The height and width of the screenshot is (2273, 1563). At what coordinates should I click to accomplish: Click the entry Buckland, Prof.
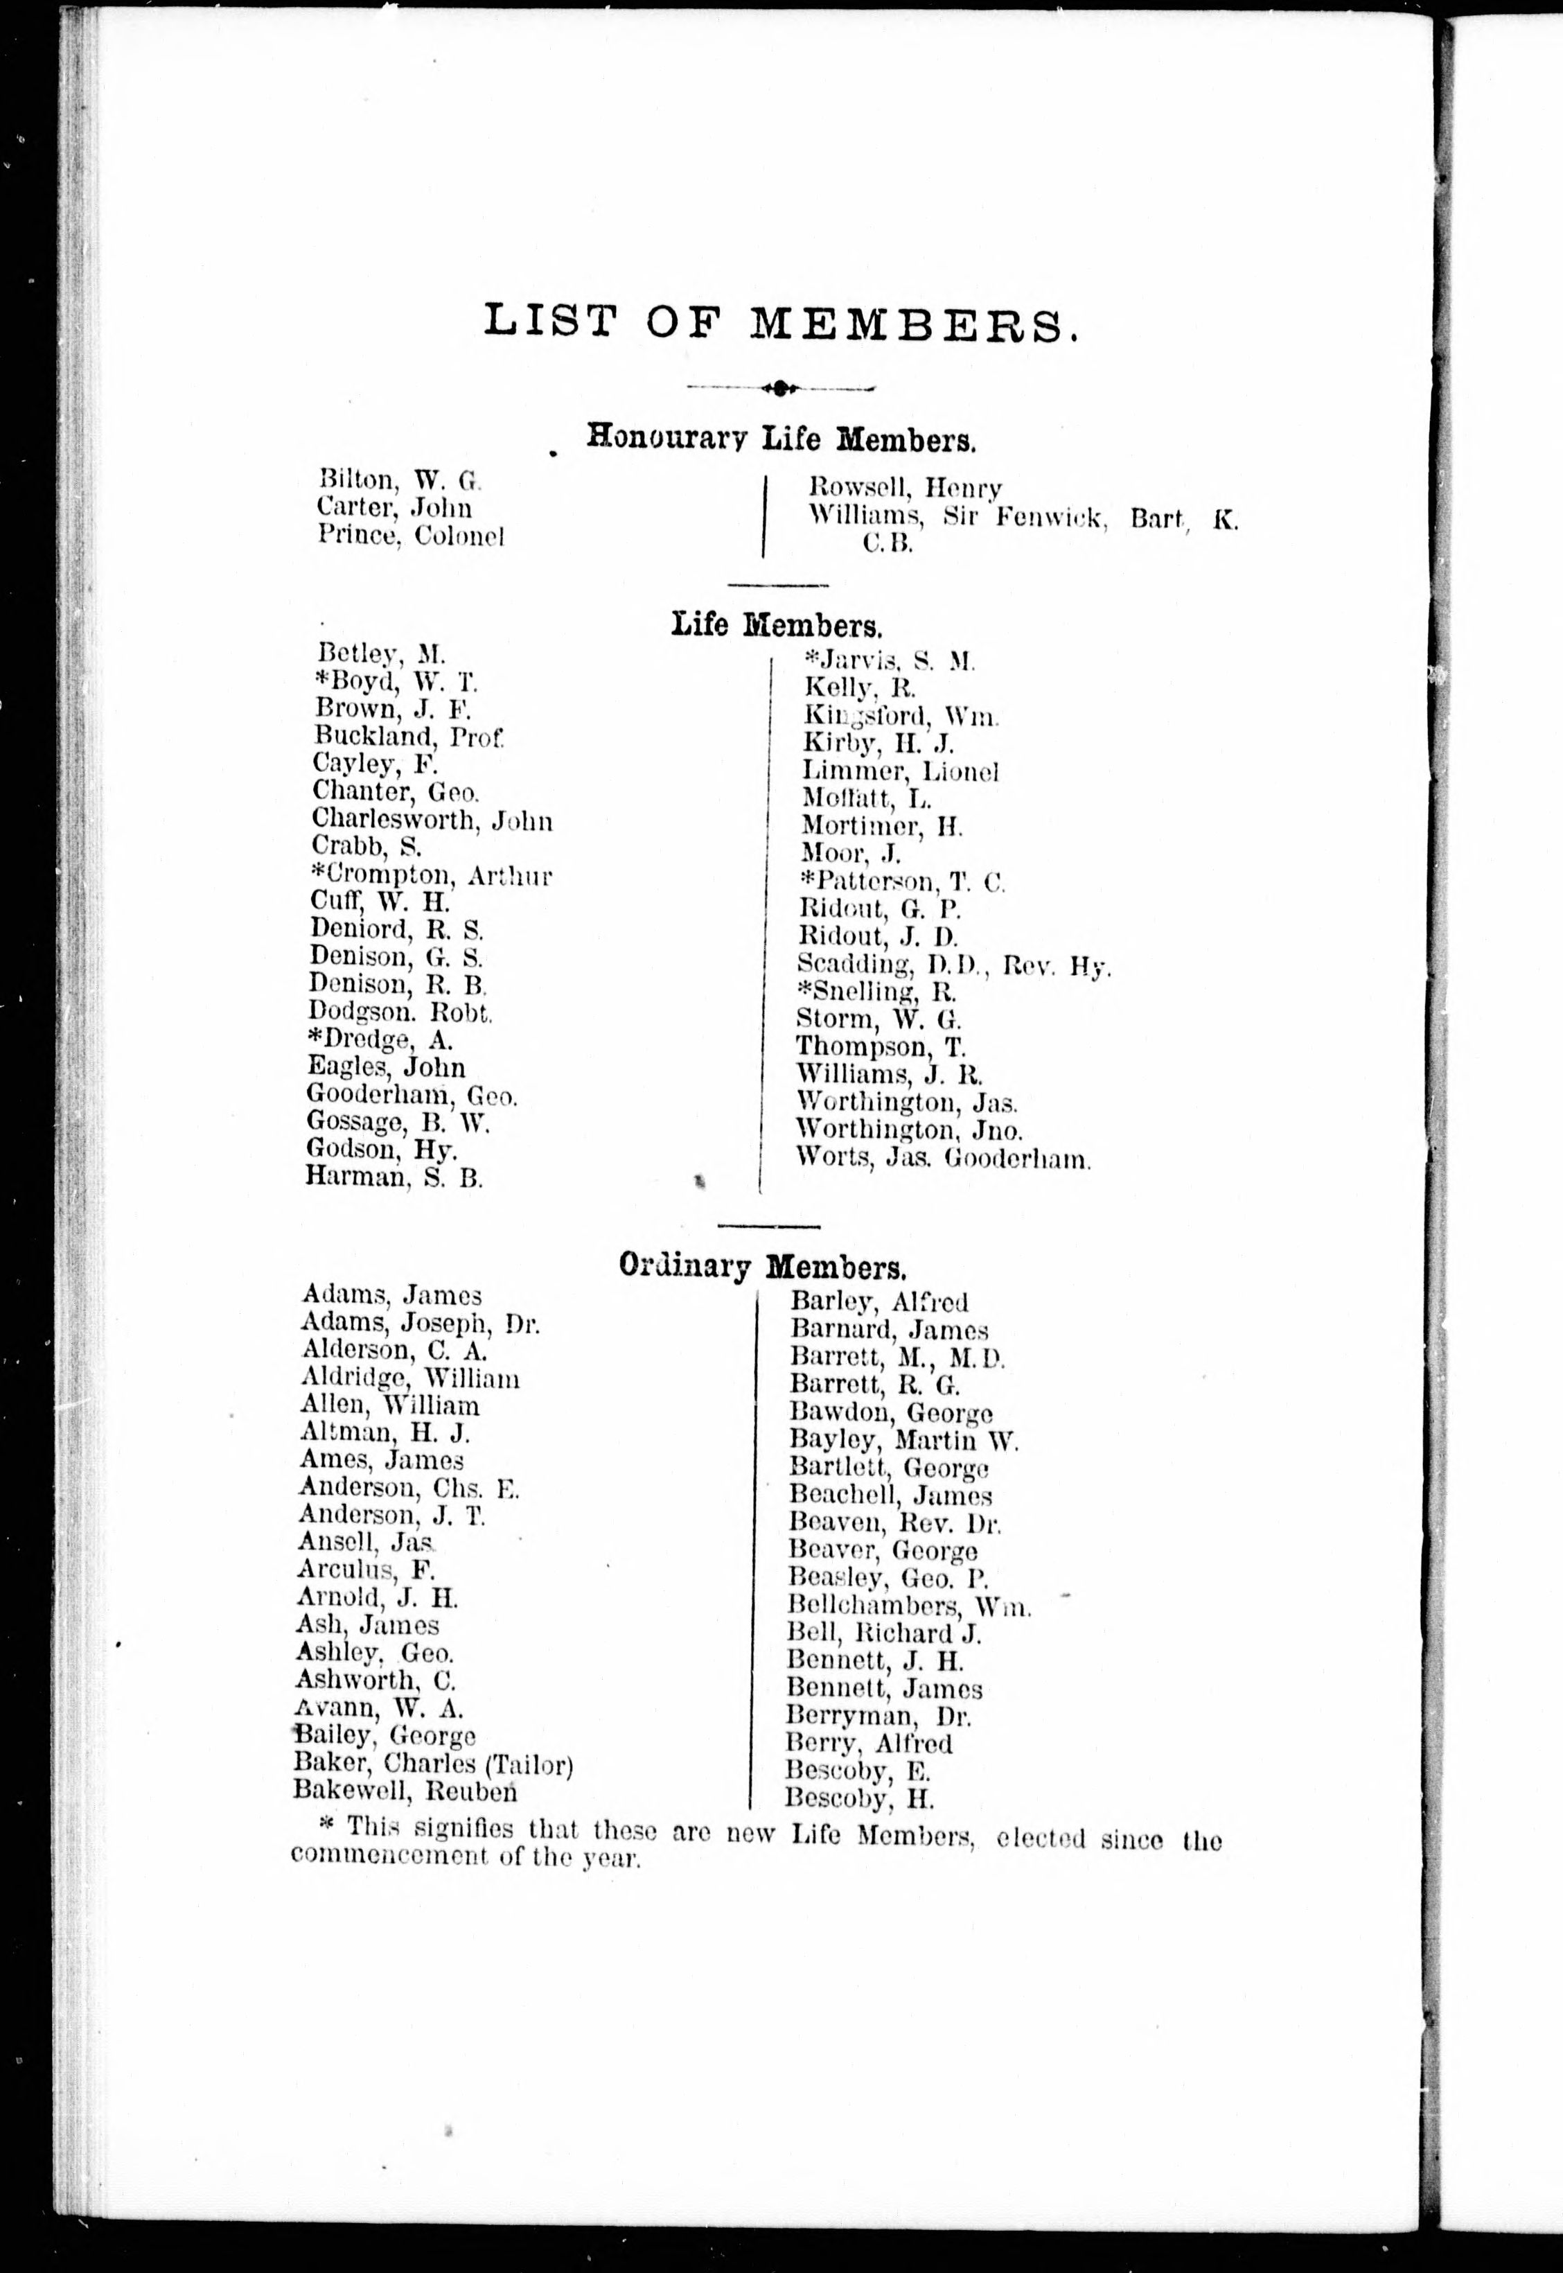pos(409,737)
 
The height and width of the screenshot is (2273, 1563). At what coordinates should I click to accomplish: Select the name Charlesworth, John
pos(432,820)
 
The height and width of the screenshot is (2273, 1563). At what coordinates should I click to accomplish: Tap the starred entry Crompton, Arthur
pos(431,875)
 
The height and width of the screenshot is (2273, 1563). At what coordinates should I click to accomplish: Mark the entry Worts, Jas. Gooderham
pos(942,1159)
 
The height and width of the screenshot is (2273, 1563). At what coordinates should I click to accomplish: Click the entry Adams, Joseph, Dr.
pos(420,1324)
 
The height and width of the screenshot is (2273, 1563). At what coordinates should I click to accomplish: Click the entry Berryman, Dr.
pos(879,1717)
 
